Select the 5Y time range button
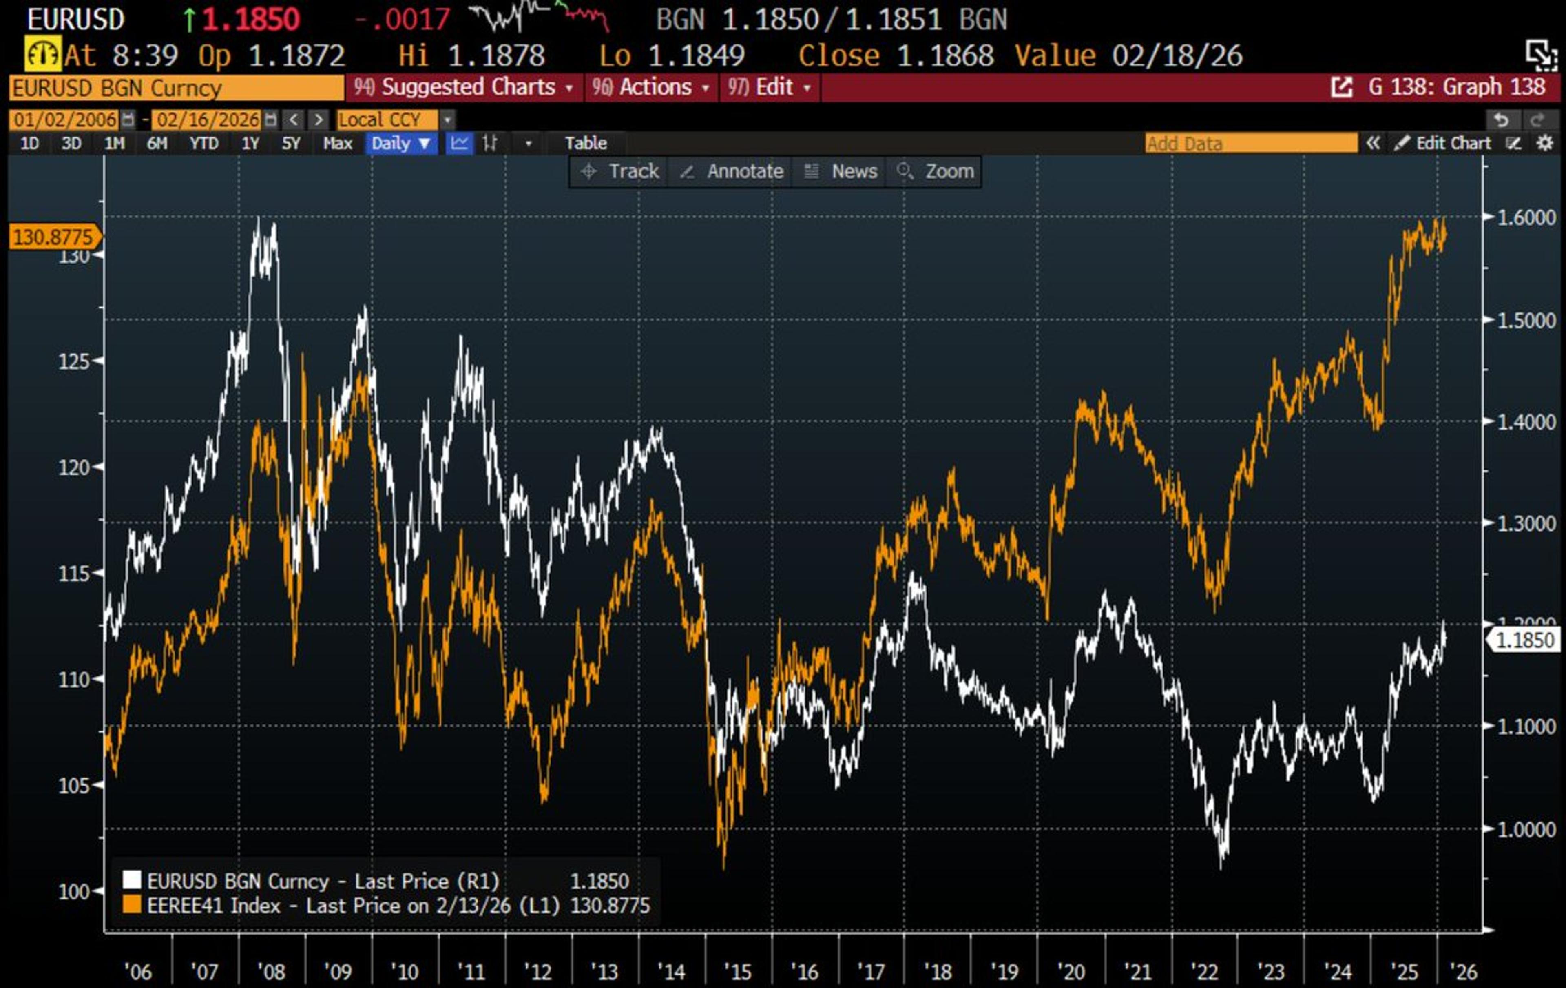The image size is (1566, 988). [291, 143]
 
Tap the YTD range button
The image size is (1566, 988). [203, 143]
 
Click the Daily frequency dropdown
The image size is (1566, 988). [400, 143]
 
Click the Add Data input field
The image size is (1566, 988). [1250, 143]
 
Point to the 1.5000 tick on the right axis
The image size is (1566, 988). [1526, 320]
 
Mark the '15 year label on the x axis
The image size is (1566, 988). [737, 972]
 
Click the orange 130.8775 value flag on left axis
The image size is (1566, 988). [53, 237]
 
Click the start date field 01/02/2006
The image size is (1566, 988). [65, 120]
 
